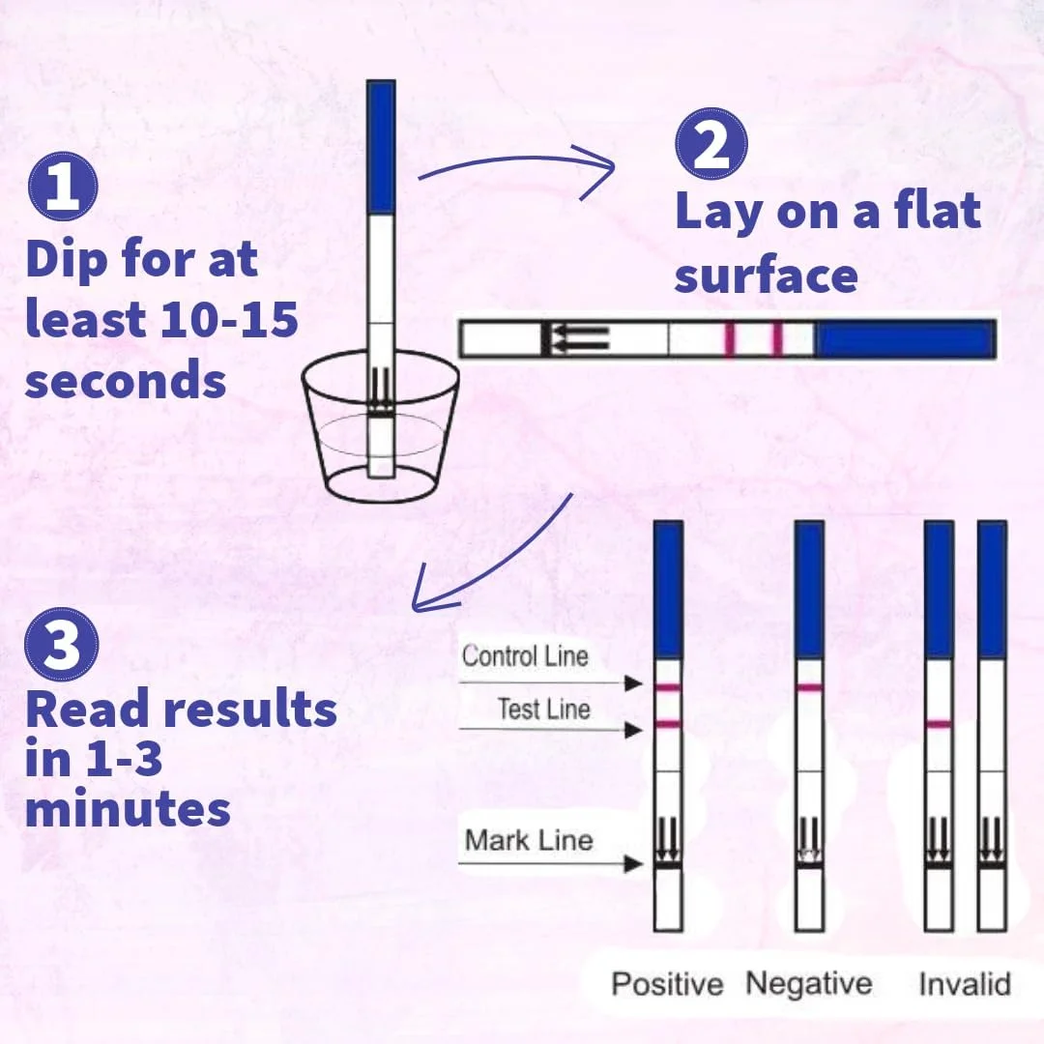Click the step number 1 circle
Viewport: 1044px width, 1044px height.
(63, 187)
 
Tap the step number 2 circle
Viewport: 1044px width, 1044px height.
(711, 144)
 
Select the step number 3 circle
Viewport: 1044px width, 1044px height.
(61, 644)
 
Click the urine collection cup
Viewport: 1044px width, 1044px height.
(380, 426)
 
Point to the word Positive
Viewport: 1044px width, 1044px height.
(667, 983)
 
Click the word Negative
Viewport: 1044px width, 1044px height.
(809, 983)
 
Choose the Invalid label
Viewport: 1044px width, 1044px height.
(965, 983)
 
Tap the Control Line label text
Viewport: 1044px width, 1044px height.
(525, 656)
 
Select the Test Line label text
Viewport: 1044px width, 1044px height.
(544, 710)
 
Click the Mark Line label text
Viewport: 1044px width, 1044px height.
(529, 840)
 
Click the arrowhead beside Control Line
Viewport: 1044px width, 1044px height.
(633, 683)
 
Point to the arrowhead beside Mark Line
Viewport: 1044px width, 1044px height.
(633, 864)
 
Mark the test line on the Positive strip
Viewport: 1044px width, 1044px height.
(668, 724)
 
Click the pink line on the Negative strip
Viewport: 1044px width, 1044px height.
(810, 687)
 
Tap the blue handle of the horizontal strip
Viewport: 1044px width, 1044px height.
(905, 339)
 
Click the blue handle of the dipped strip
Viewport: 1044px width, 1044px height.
(381, 147)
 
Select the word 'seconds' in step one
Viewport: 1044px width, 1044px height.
(126, 381)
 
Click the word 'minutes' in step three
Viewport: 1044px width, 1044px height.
(128, 809)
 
